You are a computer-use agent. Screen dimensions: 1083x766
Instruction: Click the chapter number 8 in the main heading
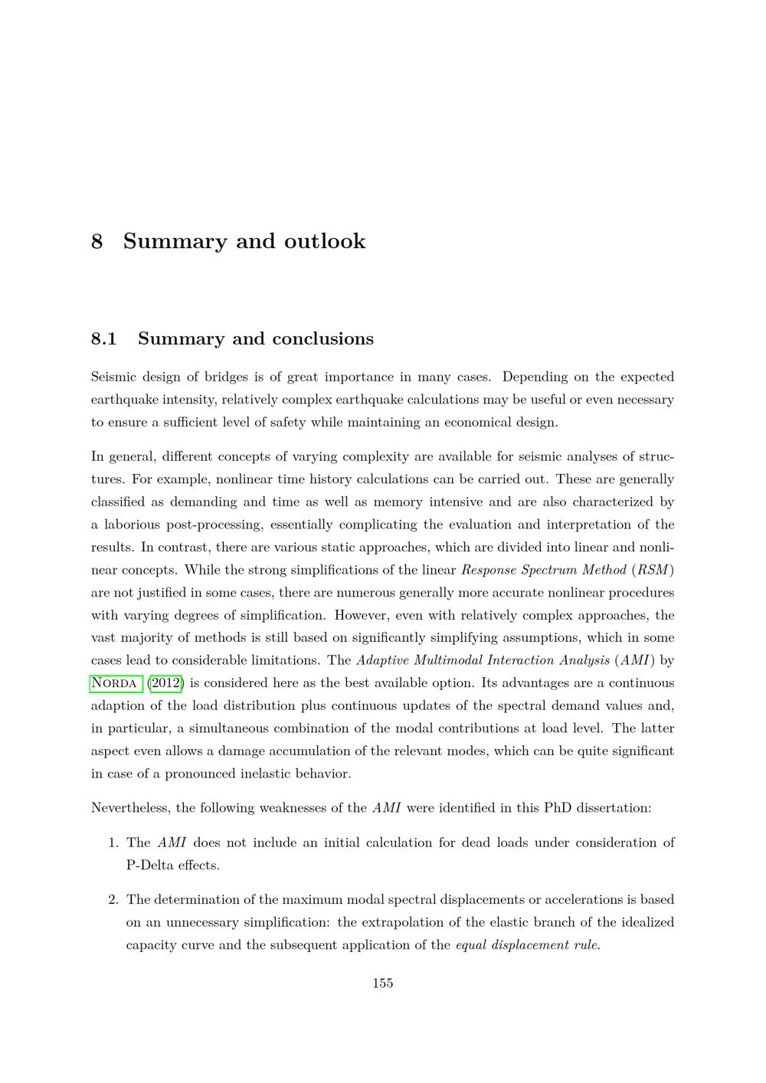click(97, 241)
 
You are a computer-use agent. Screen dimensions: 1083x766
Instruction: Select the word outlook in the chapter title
click(325, 241)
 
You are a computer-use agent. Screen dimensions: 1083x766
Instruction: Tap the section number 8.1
click(103, 339)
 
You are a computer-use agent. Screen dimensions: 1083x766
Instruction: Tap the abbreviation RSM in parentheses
click(656, 570)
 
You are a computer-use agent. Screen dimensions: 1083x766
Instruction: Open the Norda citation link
click(115, 683)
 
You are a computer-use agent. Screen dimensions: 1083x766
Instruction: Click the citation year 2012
click(166, 683)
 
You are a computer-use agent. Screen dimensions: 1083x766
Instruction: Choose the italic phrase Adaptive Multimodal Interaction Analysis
click(483, 660)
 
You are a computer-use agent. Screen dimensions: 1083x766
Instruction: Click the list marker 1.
click(112, 843)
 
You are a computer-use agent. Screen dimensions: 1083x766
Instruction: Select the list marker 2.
click(112, 899)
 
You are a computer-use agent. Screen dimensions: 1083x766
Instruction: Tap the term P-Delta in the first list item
click(150, 865)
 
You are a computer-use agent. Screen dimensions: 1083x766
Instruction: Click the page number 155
click(383, 983)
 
